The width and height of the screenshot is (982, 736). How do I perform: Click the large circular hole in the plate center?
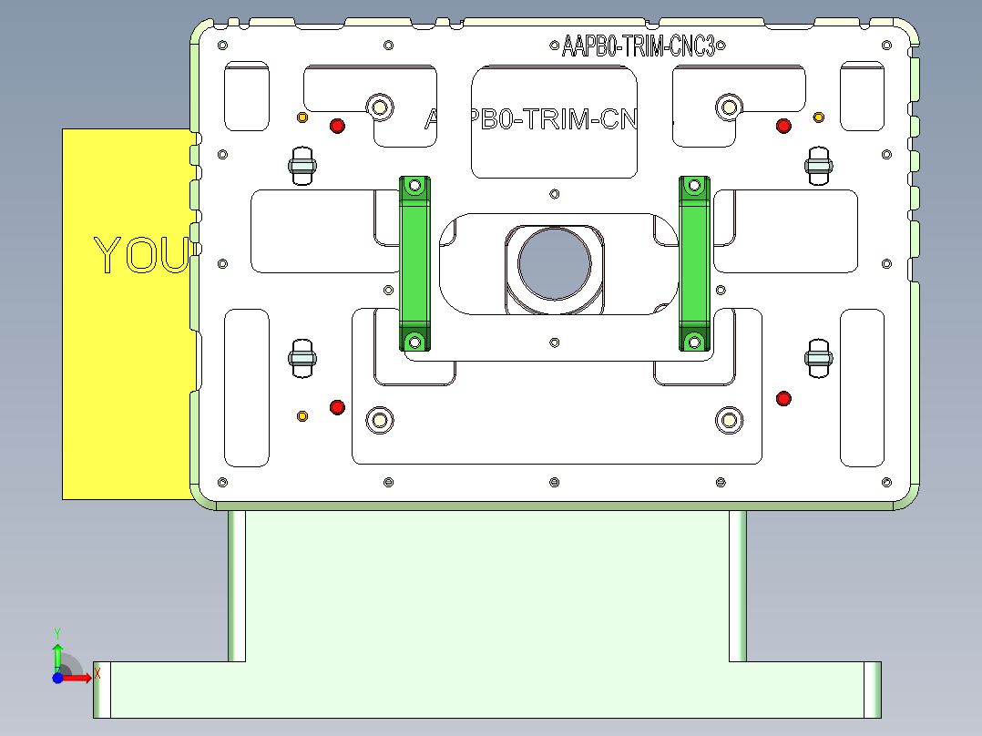[x=554, y=263]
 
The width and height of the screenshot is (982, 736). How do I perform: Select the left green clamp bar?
[x=414, y=264]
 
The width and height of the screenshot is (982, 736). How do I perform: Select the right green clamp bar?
[x=694, y=264]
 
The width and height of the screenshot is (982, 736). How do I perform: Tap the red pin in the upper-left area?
[x=337, y=126]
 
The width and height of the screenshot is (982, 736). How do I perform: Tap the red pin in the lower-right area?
[x=783, y=398]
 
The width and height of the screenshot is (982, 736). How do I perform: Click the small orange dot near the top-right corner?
[x=818, y=118]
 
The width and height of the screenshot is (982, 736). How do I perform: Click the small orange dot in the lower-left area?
[x=302, y=416]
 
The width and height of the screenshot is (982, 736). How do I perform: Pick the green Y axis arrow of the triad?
[x=57, y=654]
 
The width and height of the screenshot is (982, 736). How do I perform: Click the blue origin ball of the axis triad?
[x=57, y=678]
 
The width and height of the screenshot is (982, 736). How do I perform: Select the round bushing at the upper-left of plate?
[x=380, y=107]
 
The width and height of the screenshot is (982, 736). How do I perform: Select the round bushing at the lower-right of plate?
[x=728, y=419]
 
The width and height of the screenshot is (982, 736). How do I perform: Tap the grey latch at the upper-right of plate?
[x=820, y=165]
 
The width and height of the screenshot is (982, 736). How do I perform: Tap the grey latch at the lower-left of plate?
[x=302, y=357]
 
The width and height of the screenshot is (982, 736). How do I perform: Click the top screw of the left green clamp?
[x=414, y=186]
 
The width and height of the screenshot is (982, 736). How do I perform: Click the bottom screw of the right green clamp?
[x=694, y=342]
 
